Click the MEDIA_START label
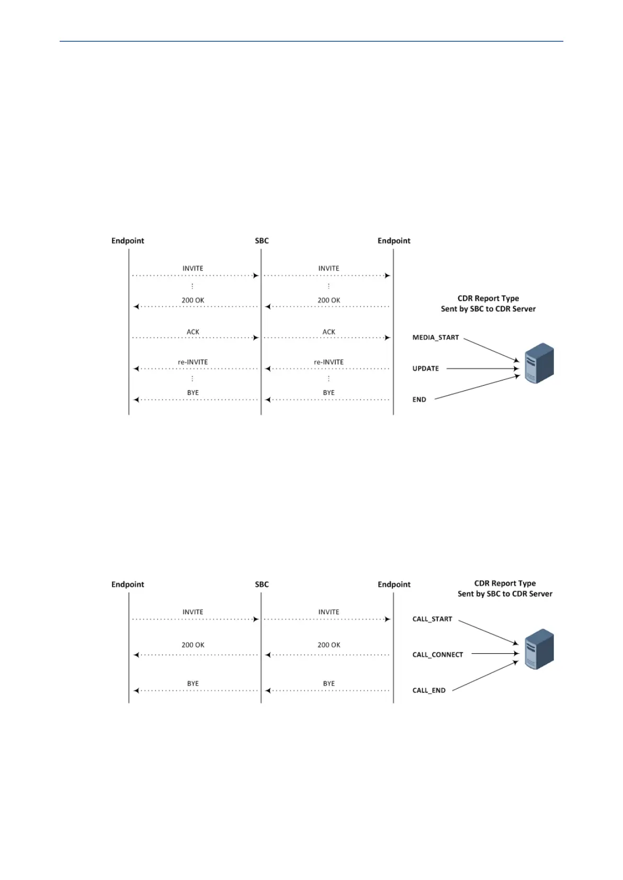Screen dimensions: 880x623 tap(435, 338)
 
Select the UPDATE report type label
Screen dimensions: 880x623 tap(425, 368)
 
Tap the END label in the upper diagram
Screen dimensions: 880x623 tap(419, 400)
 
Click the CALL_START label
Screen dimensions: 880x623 tap(432, 619)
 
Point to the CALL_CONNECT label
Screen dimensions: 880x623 tap(437, 655)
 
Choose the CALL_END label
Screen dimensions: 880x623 tap(429, 690)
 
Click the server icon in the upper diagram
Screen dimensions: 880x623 tap(539, 364)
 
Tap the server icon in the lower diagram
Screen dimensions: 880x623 tap(539, 650)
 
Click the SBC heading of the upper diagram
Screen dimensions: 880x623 tap(262, 241)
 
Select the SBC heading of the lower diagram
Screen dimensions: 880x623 tap(262, 585)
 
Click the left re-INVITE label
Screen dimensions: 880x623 tap(192, 362)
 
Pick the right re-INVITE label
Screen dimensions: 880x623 tap(329, 362)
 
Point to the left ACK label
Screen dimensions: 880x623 tap(192, 332)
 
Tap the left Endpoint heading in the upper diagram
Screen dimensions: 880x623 tap(128, 241)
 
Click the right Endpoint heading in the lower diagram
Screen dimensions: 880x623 tap(394, 585)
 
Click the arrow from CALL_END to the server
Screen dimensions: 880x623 tap(485, 676)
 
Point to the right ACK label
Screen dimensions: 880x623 tap(329, 332)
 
